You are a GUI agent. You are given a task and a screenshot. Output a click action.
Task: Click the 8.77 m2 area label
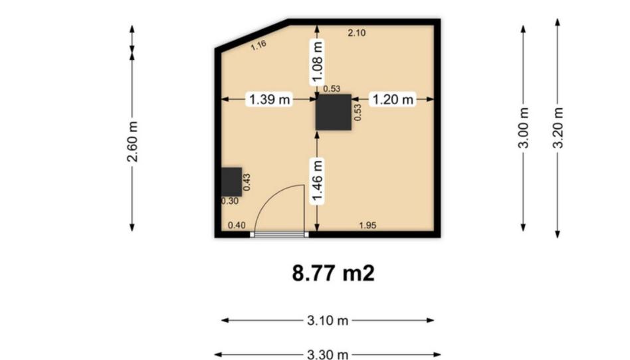click(333, 273)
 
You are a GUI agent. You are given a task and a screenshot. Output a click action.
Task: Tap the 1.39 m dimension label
click(269, 99)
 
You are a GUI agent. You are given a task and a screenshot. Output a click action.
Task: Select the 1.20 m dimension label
click(393, 99)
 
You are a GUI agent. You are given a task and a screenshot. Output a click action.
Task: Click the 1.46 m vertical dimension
click(317, 181)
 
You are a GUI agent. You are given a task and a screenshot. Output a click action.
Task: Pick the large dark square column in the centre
click(334, 112)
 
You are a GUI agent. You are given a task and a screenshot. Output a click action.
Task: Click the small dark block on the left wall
click(232, 182)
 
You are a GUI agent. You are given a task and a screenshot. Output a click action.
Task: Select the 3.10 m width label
click(328, 321)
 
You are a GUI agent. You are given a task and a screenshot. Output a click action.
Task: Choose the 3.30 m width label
click(328, 355)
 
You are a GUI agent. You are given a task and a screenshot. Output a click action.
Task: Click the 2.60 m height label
click(133, 141)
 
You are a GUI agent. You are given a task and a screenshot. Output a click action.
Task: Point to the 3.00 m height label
click(523, 128)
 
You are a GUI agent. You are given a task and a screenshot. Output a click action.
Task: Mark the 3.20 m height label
click(558, 128)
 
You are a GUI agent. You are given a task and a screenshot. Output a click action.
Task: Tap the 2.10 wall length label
click(357, 33)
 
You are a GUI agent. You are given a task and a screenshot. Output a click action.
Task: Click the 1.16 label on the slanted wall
click(259, 45)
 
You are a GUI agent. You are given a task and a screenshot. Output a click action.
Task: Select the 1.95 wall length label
click(367, 225)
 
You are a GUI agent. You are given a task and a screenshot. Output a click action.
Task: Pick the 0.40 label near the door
click(237, 225)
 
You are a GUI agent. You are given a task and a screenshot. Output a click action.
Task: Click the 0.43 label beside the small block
click(247, 182)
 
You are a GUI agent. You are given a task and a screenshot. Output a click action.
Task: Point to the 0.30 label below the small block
click(230, 201)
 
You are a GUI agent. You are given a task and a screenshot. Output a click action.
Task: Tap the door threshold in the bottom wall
click(279, 234)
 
